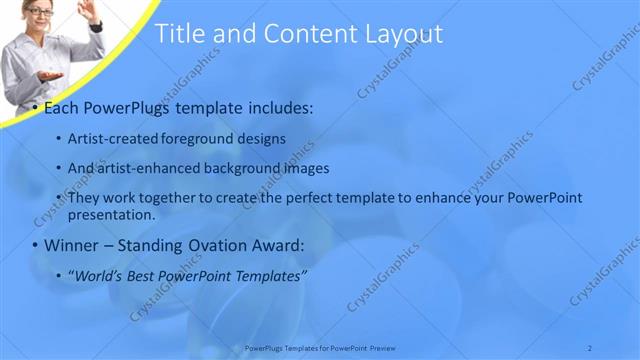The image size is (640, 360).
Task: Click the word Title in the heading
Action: [182, 34]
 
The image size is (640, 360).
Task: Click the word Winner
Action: [73, 245]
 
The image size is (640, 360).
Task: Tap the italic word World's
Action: [97, 275]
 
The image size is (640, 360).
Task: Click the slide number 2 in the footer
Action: [589, 348]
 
